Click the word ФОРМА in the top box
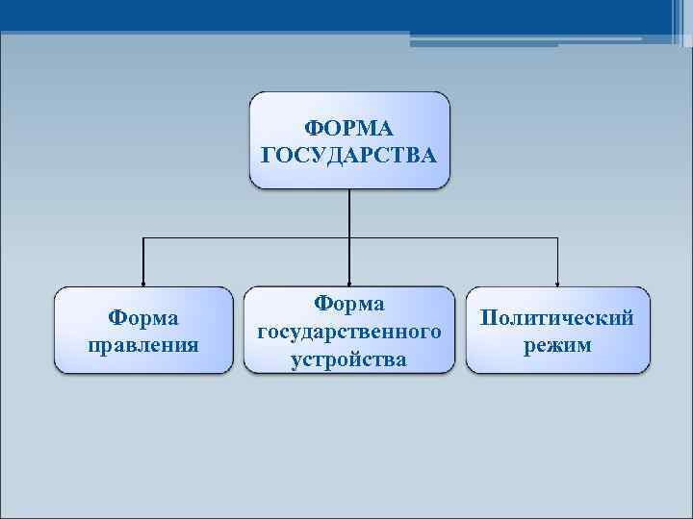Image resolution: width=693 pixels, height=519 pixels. (x=349, y=127)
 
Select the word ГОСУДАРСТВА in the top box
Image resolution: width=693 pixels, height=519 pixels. (x=349, y=154)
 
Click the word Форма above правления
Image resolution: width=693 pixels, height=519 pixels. (x=143, y=317)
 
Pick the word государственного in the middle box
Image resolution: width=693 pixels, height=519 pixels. (x=349, y=332)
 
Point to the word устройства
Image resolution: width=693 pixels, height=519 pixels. (x=348, y=359)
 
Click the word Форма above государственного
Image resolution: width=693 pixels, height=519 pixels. (x=349, y=304)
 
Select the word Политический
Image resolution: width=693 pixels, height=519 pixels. (x=557, y=318)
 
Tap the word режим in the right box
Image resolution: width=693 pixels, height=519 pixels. (x=557, y=344)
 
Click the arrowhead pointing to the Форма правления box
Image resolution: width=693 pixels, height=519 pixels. (x=143, y=280)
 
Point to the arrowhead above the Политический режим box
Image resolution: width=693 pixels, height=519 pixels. (x=557, y=280)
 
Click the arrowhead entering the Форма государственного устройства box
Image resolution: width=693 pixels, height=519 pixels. (x=349, y=280)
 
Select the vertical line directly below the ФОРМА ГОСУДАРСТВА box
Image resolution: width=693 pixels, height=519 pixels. (x=349, y=211)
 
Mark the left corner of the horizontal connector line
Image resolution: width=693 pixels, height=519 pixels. (x=143, y=236)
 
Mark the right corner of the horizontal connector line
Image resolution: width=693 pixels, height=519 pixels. (x=557, y=236)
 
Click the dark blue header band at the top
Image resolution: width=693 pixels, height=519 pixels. (x=289, y=13)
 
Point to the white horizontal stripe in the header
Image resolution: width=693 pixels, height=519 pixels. (x=526, y=38)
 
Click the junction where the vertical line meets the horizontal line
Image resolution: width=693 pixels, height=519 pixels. (x=349, y=236)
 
